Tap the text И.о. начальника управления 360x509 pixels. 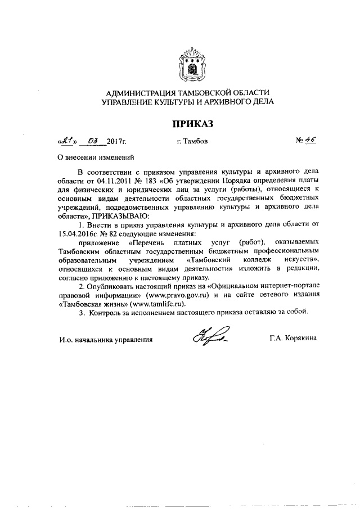[x=106, y=339]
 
